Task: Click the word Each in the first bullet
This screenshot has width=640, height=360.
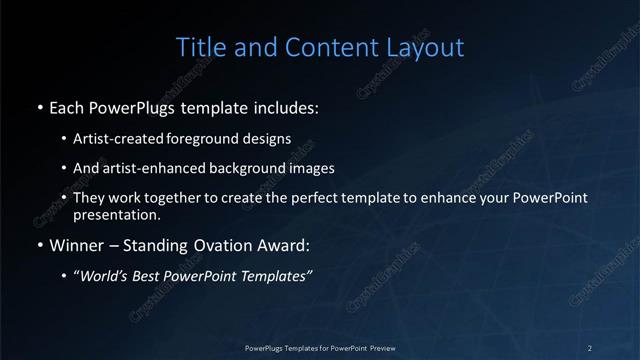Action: click(67, 105)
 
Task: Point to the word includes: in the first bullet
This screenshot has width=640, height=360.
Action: click(290, 105)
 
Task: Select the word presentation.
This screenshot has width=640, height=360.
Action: click(115, 215)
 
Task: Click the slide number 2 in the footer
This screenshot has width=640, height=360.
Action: click(590, 348)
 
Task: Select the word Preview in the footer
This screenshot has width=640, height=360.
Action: click(381, 348)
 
